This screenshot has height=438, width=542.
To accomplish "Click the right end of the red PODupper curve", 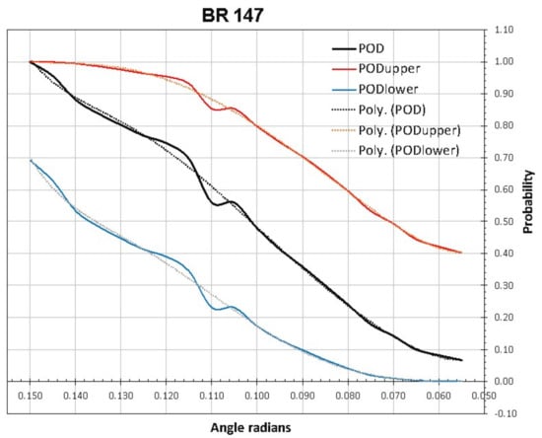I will tap(461, 253).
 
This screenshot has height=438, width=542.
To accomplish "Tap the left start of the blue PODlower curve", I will tap(32, 160).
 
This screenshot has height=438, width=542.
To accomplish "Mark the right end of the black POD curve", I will tap(461, 360).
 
